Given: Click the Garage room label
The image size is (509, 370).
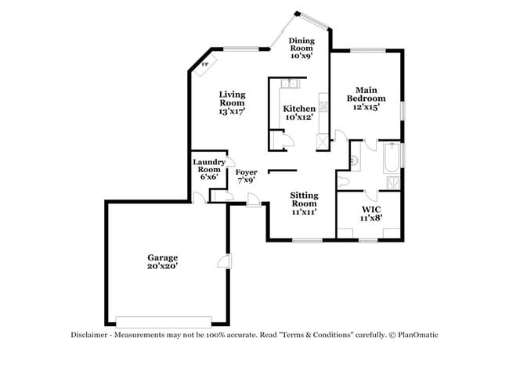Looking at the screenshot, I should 163,257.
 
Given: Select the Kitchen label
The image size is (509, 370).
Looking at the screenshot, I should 299,109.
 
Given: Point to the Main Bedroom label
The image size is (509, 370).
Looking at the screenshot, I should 366,94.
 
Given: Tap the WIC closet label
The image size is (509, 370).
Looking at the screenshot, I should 370,210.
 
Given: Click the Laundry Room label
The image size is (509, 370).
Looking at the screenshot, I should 208,166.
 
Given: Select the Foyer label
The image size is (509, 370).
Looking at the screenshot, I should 247,171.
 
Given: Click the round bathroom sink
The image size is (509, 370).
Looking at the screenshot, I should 354,161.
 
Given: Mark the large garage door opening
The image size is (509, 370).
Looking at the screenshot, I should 163,321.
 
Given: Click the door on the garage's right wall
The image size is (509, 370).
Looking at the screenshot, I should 226,264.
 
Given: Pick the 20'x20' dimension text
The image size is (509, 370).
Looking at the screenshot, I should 163,266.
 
